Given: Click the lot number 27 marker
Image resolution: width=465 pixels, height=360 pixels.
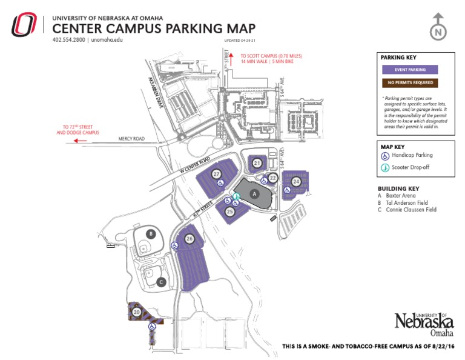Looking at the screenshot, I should point(217,174).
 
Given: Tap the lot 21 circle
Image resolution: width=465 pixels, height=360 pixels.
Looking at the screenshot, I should point(257,163).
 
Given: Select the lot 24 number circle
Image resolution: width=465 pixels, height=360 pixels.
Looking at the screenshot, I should point(296,181).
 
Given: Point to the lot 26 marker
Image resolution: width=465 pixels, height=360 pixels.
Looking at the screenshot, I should point(190,239).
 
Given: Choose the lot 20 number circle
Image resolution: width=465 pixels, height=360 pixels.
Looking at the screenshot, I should point(136,312).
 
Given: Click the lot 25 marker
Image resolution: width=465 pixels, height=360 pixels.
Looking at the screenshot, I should point(230,212).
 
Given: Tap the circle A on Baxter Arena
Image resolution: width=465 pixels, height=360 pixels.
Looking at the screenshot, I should point(255,194).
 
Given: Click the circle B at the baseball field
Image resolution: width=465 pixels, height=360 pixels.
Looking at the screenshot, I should point(151,233).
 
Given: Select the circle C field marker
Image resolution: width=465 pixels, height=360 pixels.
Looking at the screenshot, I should point(161,281).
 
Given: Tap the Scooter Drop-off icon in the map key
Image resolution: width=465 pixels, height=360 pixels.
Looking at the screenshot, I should point(385,167).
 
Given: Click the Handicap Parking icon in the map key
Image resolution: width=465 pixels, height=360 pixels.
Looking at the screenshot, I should point(385,155).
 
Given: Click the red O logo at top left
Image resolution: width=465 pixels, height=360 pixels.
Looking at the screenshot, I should point(24,25).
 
